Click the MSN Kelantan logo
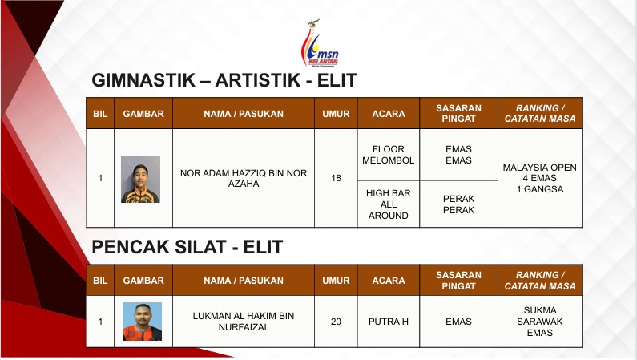320,43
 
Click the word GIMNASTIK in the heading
143,80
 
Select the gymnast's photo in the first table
140,179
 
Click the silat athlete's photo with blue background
142,322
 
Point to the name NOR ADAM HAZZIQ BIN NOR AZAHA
244,178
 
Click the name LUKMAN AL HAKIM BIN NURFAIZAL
244,322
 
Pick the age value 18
336,178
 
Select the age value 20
336,322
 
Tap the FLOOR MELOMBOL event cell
389,155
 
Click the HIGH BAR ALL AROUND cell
389,204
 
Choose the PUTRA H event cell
389,322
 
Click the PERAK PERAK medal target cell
458,204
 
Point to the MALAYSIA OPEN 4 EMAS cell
540,178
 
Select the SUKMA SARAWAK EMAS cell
540,322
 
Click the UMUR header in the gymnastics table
336,114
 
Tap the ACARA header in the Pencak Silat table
389,281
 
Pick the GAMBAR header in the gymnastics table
143,114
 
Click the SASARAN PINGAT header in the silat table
458,281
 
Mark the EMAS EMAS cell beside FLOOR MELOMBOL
458,155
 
